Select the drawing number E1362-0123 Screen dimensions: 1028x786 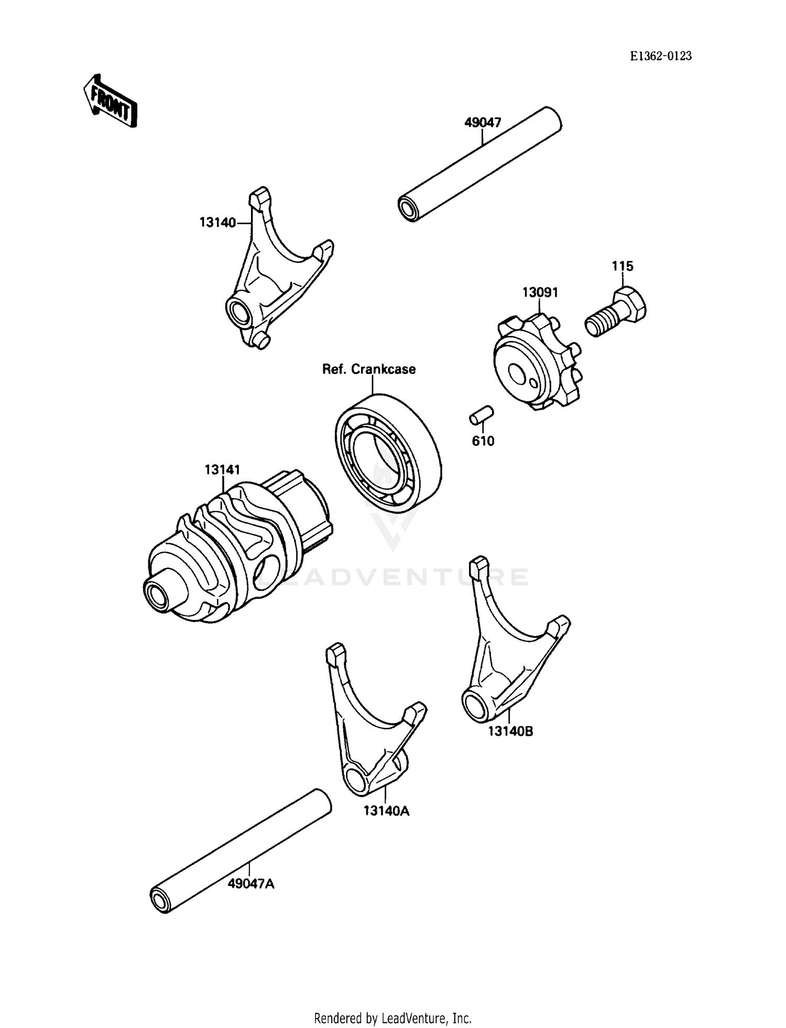pyautogui.click(x=660, y=56)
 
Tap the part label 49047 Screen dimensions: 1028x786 pyautogui.click(x=483, y=123)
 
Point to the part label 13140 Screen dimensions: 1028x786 pyautogui.click(x=217, y=222)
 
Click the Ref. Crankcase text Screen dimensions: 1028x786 pyautogui.click(x=369, y=369)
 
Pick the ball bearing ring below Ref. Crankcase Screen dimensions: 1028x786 pyautogui.click(x=388, y=453)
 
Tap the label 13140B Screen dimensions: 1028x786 pyautogui.click(x=510, y=731)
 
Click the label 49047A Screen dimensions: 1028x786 pyautogui.click(x=251, y=884)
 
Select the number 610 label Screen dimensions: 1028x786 pyautogui.click(x=483, y=441)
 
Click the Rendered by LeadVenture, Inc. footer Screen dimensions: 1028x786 pyautogui.click(x=392, y=1018)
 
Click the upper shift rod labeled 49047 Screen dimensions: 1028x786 pyautogui.click(x=479, y=165)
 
